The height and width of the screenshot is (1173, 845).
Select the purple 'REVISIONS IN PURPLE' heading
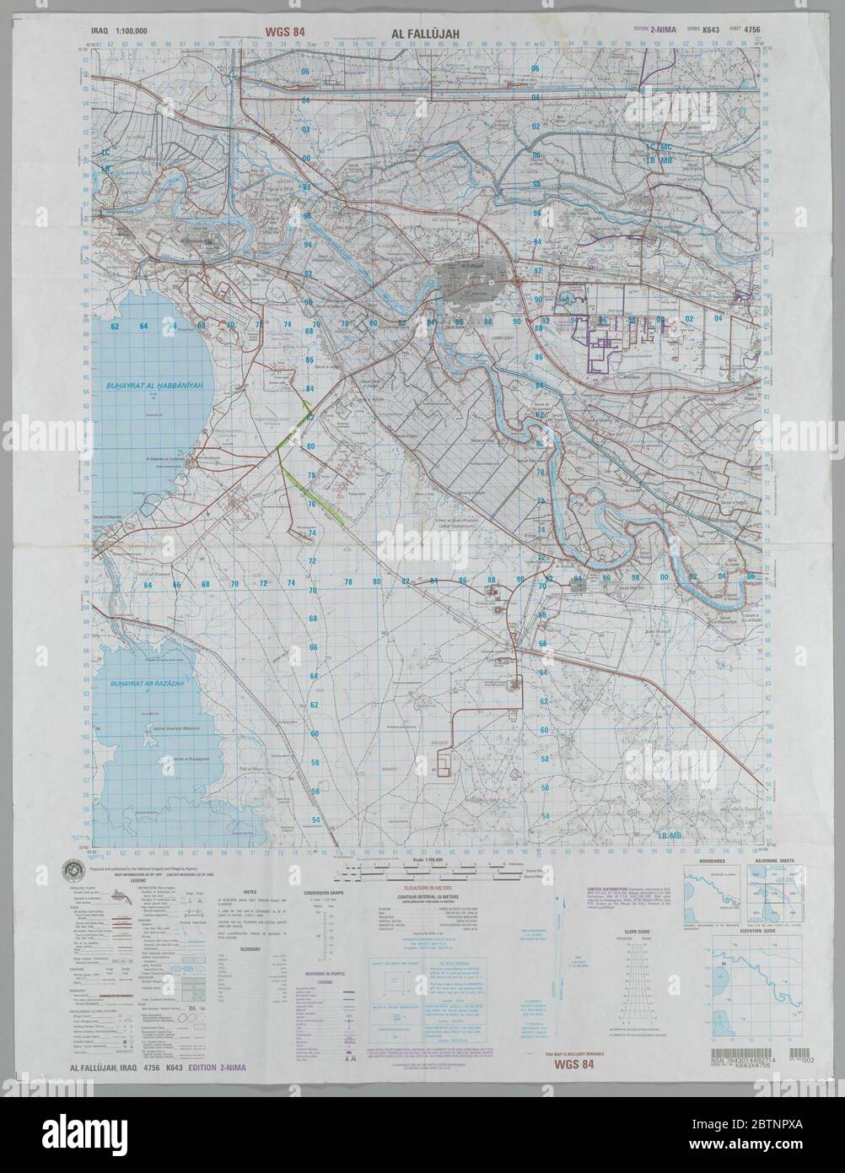(318, 973)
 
